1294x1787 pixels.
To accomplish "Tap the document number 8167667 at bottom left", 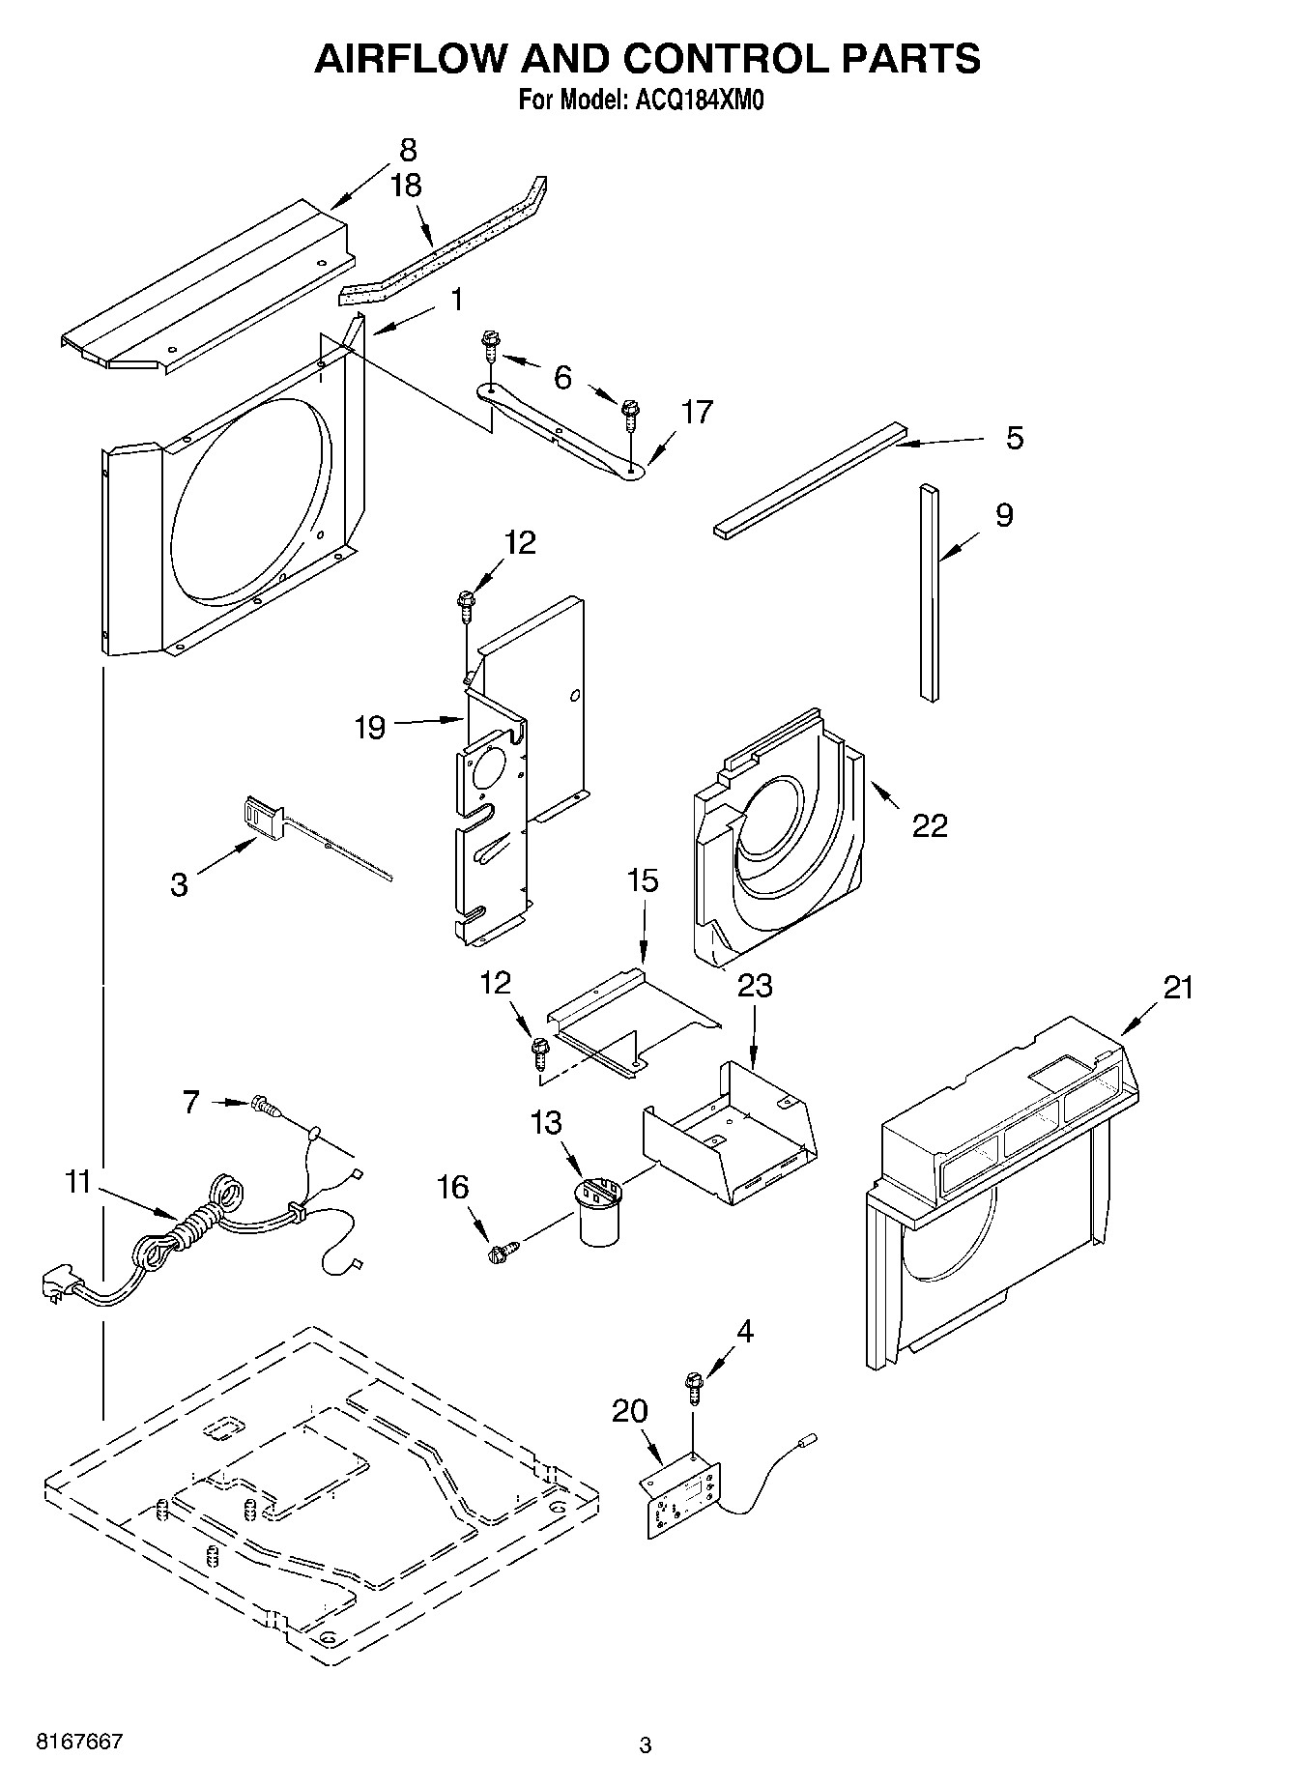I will (79, 1742).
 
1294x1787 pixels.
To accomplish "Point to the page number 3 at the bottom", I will (646, 1745).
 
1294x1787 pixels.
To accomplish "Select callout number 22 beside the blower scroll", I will (930, 825).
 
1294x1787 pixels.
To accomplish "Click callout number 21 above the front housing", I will (1178, 987).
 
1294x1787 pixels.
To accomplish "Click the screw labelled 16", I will (500, 1254).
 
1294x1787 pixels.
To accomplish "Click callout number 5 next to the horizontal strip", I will (1014, 438).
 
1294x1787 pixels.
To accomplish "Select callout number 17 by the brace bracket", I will (696, 412).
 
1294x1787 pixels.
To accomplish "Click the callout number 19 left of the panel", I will (369, 727).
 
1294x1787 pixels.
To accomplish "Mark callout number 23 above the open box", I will (755, 985).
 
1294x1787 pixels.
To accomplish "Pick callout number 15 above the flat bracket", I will (643, 880).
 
